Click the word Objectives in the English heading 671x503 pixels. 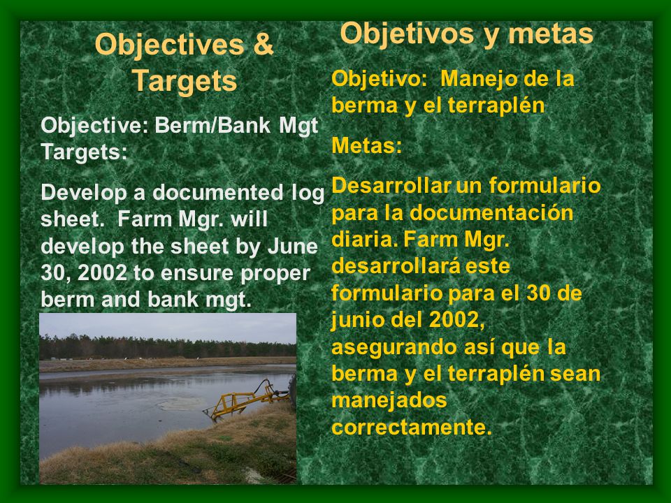[x=170, y=45]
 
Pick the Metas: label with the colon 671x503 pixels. [x=367, y=145]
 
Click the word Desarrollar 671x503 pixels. [x=391, y=185]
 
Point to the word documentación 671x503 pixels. [x=491, y=212]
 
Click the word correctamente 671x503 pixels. [x=412, y=427]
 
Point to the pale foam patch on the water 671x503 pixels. [x=182, y=403]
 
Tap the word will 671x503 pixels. [x=249, y=219]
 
